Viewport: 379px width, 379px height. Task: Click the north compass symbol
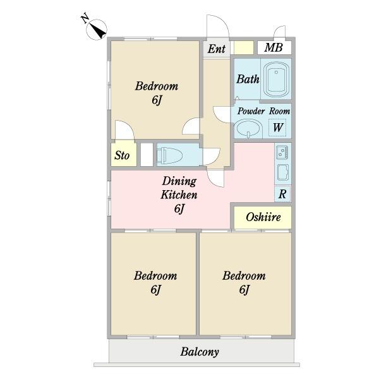click(x=97, y=29)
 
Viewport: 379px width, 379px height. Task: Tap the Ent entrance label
click(x=216, y=49)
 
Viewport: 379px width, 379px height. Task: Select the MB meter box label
click(x=274, y=47)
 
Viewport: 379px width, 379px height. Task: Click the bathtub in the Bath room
click(x=276, y=79)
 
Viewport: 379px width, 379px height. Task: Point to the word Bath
click(x=248, y=79)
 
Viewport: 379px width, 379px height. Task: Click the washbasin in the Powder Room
click(x=249, y=128)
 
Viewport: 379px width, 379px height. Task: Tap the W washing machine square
click(x=277, y=128)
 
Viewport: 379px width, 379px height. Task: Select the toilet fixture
click(x=169, y=155)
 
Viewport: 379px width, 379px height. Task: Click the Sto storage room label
click(x=122, y=155)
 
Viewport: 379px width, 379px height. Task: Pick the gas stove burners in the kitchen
click(x=282, y=152)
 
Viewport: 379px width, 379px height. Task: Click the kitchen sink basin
click(x=283, y=172)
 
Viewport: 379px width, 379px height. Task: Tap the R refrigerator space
click(x=282, y=194)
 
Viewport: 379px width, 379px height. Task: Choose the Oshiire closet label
click(x=263, y=217)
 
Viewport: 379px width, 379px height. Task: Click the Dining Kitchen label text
click(x=179, y=188)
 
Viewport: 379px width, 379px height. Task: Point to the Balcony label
click(x=200, y=352)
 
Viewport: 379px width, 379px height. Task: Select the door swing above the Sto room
click(x=124, y=129)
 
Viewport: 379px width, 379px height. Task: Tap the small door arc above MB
click(x=279, y=32)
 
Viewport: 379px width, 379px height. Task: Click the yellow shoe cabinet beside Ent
click(x=244, y=47)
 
